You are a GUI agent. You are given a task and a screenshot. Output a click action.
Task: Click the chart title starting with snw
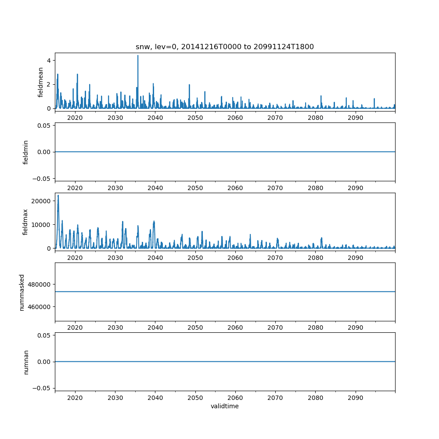225,47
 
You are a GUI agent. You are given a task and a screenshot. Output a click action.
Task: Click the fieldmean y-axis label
41,82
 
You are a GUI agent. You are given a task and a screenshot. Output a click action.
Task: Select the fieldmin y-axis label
26,152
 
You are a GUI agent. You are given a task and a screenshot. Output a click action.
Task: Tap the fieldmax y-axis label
26,222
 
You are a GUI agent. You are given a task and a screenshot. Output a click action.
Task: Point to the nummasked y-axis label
22,291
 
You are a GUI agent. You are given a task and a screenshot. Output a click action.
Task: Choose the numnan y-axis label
26,362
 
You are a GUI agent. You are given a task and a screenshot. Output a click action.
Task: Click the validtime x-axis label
225,407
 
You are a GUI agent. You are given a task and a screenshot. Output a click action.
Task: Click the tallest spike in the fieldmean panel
138,56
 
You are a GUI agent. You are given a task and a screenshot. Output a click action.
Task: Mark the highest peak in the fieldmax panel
58,195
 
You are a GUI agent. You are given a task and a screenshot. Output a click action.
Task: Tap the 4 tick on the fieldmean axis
49,60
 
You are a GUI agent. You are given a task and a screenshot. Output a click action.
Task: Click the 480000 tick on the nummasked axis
40,284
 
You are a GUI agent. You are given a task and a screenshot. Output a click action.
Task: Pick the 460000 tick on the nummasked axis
40,306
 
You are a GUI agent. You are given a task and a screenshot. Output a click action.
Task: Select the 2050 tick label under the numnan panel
195,398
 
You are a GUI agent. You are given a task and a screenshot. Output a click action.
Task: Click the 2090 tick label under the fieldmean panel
355,118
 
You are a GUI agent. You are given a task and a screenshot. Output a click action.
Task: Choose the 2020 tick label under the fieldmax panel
75,258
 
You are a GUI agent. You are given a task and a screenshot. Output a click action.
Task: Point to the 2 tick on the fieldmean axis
49,84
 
